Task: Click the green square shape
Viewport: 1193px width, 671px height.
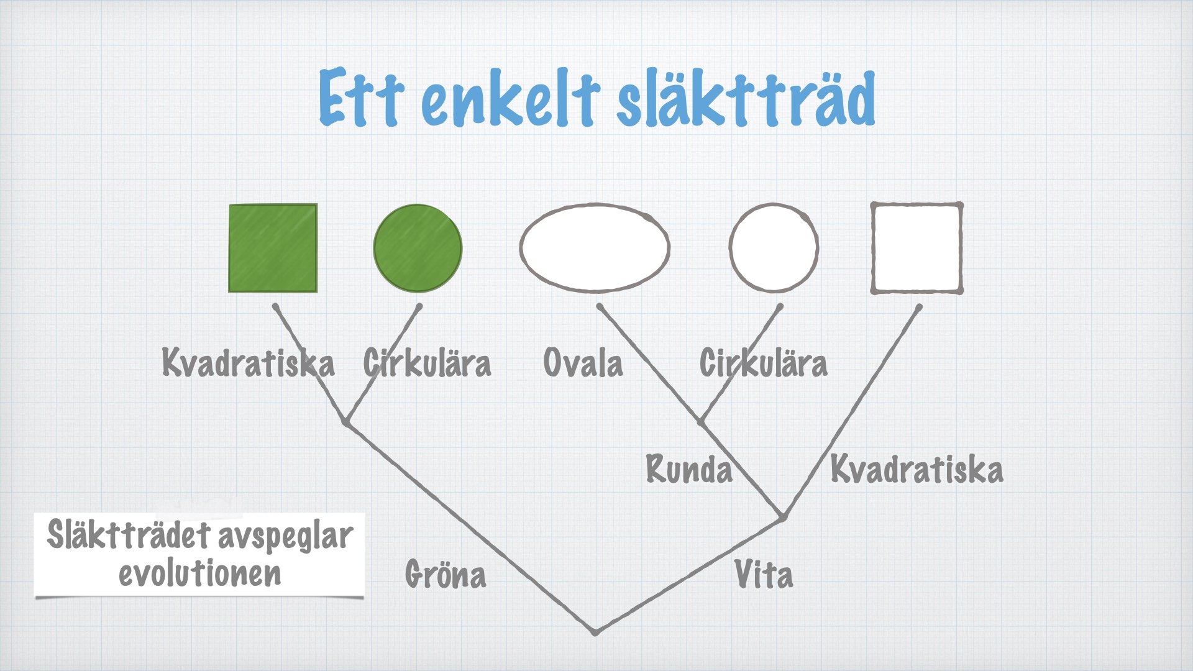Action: (273, 248)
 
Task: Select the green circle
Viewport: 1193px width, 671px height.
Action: (418, 248)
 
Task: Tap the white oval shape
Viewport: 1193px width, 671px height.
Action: (595, 248)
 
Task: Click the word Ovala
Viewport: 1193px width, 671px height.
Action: (583, 363)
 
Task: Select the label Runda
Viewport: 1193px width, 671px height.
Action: (689, 469)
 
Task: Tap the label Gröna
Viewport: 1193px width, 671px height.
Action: (446, 573)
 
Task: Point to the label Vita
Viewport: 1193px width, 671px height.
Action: (764, 574)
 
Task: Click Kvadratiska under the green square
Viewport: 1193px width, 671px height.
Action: (249, 362)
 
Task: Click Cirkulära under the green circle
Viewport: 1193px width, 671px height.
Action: (427, 363)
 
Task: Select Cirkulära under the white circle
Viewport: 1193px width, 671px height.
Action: (764, 363)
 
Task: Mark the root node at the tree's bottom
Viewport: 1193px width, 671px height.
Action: (595, 632)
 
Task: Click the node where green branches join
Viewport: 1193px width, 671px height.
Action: (346, 422)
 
